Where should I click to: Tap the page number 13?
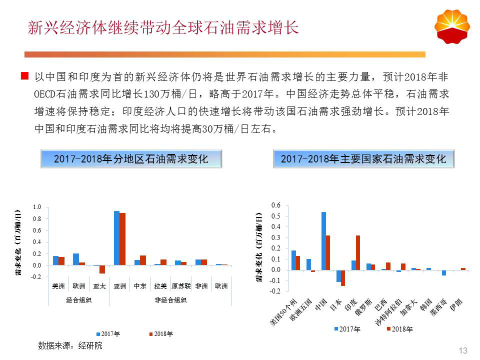click(462, 350)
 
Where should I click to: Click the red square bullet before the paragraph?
click(24, 76)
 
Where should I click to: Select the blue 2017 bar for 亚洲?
click(116, 238)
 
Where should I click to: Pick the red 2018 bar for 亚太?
click(102, 269)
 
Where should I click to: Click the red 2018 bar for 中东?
click(143, 260)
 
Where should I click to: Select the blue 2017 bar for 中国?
click(323, 241)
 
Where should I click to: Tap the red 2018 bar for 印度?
click(358, 252)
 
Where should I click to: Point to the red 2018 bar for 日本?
click(343, 278)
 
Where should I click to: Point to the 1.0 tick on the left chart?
click(36, 206)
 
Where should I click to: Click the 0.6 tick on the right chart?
click(276, 205)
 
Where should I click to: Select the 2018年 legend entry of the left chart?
click(160, 333)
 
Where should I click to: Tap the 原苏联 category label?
click(180, 286)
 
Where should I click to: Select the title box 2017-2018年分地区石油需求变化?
click(130, 159)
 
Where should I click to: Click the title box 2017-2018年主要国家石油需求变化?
click(363, 159)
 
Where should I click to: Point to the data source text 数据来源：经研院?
click(70, 345)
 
